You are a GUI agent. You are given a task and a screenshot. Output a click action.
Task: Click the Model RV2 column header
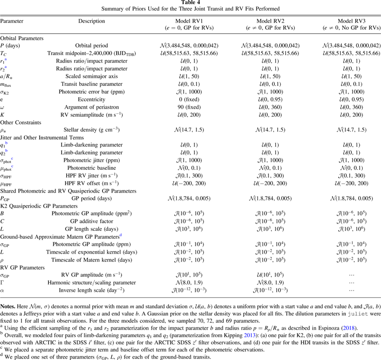(x=270, y=24)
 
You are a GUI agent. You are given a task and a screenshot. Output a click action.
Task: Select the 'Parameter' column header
(x=12, y=21)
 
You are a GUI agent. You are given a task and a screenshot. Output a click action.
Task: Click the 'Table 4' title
(x=190, y=2)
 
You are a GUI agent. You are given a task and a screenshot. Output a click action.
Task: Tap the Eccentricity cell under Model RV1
(x=189, y=99)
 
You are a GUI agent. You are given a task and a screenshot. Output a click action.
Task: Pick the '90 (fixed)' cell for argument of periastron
(x=189, y=107)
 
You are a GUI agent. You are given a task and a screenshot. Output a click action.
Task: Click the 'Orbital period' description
(x=92, y=46)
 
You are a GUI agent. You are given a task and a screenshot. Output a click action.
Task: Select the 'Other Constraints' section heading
(x=21, y=122)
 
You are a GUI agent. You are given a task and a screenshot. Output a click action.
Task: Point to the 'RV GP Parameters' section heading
(x=22, y=268)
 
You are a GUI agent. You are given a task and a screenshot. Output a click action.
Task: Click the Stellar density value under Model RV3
(x=351, y=130)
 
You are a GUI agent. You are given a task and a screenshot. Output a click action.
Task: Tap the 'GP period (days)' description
(x=92, y=198)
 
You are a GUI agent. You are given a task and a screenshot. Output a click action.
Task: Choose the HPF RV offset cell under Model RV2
(x=270, y=183)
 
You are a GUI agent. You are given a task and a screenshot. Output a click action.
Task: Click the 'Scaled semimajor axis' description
(x=92, y=76)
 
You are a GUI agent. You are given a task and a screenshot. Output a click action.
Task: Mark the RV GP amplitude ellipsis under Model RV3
(x=351, y=275)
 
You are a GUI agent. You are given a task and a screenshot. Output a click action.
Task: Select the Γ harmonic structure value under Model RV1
(x=189, y=283)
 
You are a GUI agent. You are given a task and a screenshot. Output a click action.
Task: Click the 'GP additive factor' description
(x=92, y=221)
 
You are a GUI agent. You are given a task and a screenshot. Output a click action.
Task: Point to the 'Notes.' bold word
(x=8, y=306)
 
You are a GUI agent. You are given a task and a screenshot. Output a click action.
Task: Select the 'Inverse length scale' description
(x=92, y=290)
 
